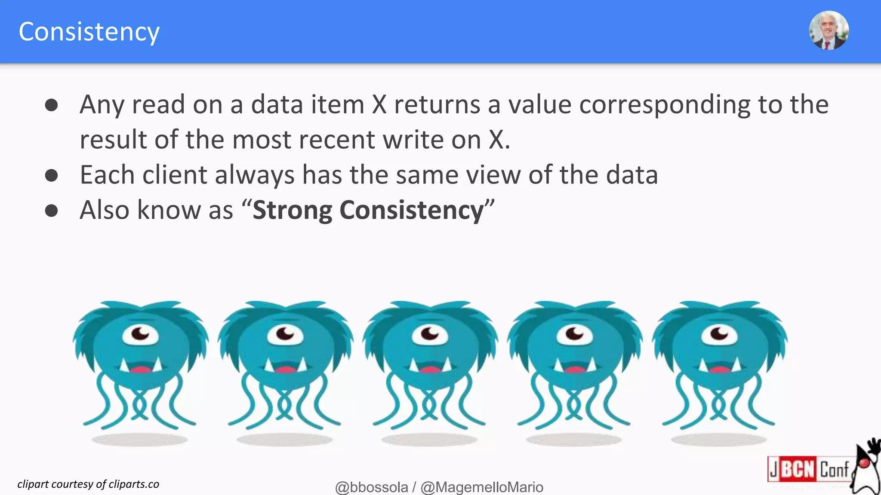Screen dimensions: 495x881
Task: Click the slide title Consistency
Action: (x=89, y=32)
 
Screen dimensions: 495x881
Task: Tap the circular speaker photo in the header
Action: (x=829, y=31)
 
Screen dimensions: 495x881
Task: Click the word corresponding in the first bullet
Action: (x=665, y=105)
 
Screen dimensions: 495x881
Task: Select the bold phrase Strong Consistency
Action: (x=368, y=210)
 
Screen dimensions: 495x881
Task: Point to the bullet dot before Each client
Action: (x=52, y=175)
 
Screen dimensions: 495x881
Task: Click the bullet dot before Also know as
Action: (x=52, y=211)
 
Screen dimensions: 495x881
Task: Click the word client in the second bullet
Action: (x=175, y=175)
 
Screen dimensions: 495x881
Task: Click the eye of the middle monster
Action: (x=430, y=334)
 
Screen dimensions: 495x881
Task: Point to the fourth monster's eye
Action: (x=575, y=334)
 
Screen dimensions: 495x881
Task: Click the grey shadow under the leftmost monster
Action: (x=140, y=440)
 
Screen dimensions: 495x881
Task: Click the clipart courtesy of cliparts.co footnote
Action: (x=88, y=484)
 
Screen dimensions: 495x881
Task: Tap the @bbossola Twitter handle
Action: (x=371, y=487)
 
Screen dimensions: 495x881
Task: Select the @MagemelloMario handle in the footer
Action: (x=482, y=487)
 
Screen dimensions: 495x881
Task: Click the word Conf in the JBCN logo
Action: (x=835, y=470)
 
